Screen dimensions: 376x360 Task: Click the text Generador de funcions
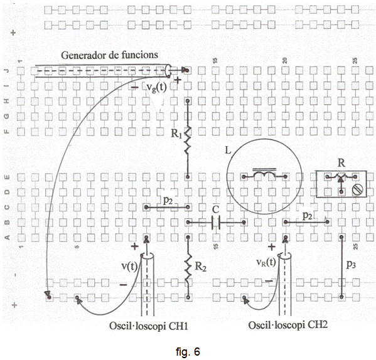point(109,55)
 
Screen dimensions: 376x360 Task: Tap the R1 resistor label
point(176,134)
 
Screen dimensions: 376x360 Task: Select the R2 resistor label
point(200,266)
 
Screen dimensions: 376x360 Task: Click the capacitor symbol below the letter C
point(216,223)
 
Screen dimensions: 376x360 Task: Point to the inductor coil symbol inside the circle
point(264,174)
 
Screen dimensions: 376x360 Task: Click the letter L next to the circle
point(228,151)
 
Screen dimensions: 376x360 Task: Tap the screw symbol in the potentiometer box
point(357,189)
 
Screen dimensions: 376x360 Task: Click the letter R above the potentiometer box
point(341,163)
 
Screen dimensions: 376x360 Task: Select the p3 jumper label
point(351,265)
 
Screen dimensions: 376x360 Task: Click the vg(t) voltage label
point(156,87)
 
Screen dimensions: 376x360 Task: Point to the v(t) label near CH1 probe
point(129,266)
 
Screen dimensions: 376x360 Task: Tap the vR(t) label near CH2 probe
point(266,263)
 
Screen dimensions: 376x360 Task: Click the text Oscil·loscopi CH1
point(148,326)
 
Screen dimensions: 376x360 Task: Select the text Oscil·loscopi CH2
point(287,325)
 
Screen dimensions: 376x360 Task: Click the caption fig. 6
point(188,351)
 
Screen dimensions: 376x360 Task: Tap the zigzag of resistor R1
point(188,140)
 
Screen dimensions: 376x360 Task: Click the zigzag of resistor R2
point(188,269)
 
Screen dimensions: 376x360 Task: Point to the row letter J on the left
point(7,71)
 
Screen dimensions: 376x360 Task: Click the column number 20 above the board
point(285,60)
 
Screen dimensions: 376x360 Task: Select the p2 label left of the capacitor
point(168,200)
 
